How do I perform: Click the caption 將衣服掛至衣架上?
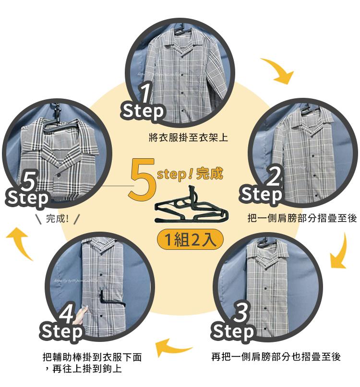tap(188, 138)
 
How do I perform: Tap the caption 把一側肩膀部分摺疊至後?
tap(302, 218)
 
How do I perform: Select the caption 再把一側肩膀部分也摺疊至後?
tap(276, 357)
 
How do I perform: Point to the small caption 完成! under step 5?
tap(57, 218)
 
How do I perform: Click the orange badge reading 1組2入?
tap(190, 240)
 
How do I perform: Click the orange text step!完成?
tap(190, 174)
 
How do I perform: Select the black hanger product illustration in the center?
tap(192, 205)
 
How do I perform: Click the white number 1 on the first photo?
tap(146, 93)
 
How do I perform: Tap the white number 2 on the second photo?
tap(274, 176)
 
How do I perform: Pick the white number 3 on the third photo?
tap(240, 312)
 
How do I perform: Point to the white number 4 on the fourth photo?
tap(67, 313)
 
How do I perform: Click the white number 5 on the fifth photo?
tap(29, 180)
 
